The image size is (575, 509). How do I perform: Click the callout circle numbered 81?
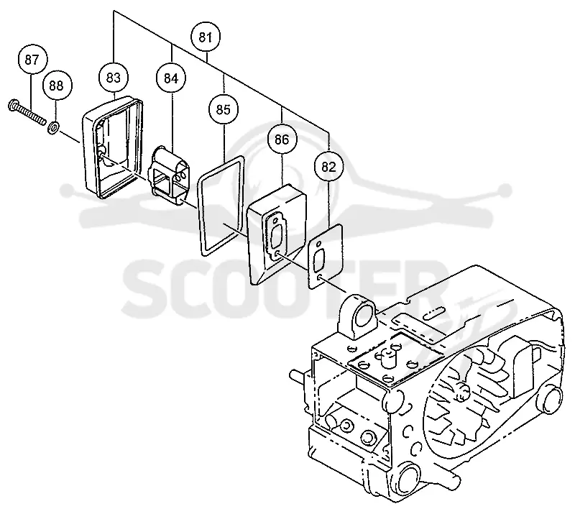206,37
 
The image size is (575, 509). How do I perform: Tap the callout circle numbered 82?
328,167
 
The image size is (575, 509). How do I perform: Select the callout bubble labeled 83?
114,78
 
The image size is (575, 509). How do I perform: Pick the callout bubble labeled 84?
171,78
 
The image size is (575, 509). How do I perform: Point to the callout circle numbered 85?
224,110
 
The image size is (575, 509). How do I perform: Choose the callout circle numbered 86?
282,139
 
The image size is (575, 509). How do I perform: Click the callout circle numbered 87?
32,60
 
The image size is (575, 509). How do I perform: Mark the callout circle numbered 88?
56,86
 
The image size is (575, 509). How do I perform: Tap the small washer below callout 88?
53,128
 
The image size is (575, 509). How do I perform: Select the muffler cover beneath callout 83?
113,147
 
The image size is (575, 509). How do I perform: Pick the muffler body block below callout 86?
277,234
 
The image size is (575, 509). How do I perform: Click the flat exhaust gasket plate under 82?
325,257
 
